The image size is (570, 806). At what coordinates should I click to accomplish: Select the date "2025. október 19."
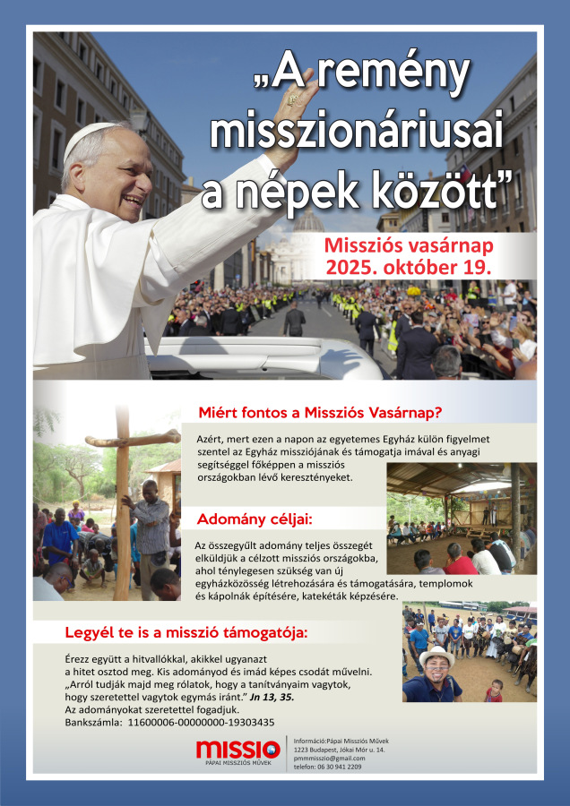pos(408,267)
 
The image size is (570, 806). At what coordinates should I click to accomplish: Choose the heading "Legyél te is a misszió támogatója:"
pos(186,632)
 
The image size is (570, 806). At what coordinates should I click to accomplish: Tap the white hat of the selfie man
pos(437,656)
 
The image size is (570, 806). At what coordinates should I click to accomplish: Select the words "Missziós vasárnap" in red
pos(408,245)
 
